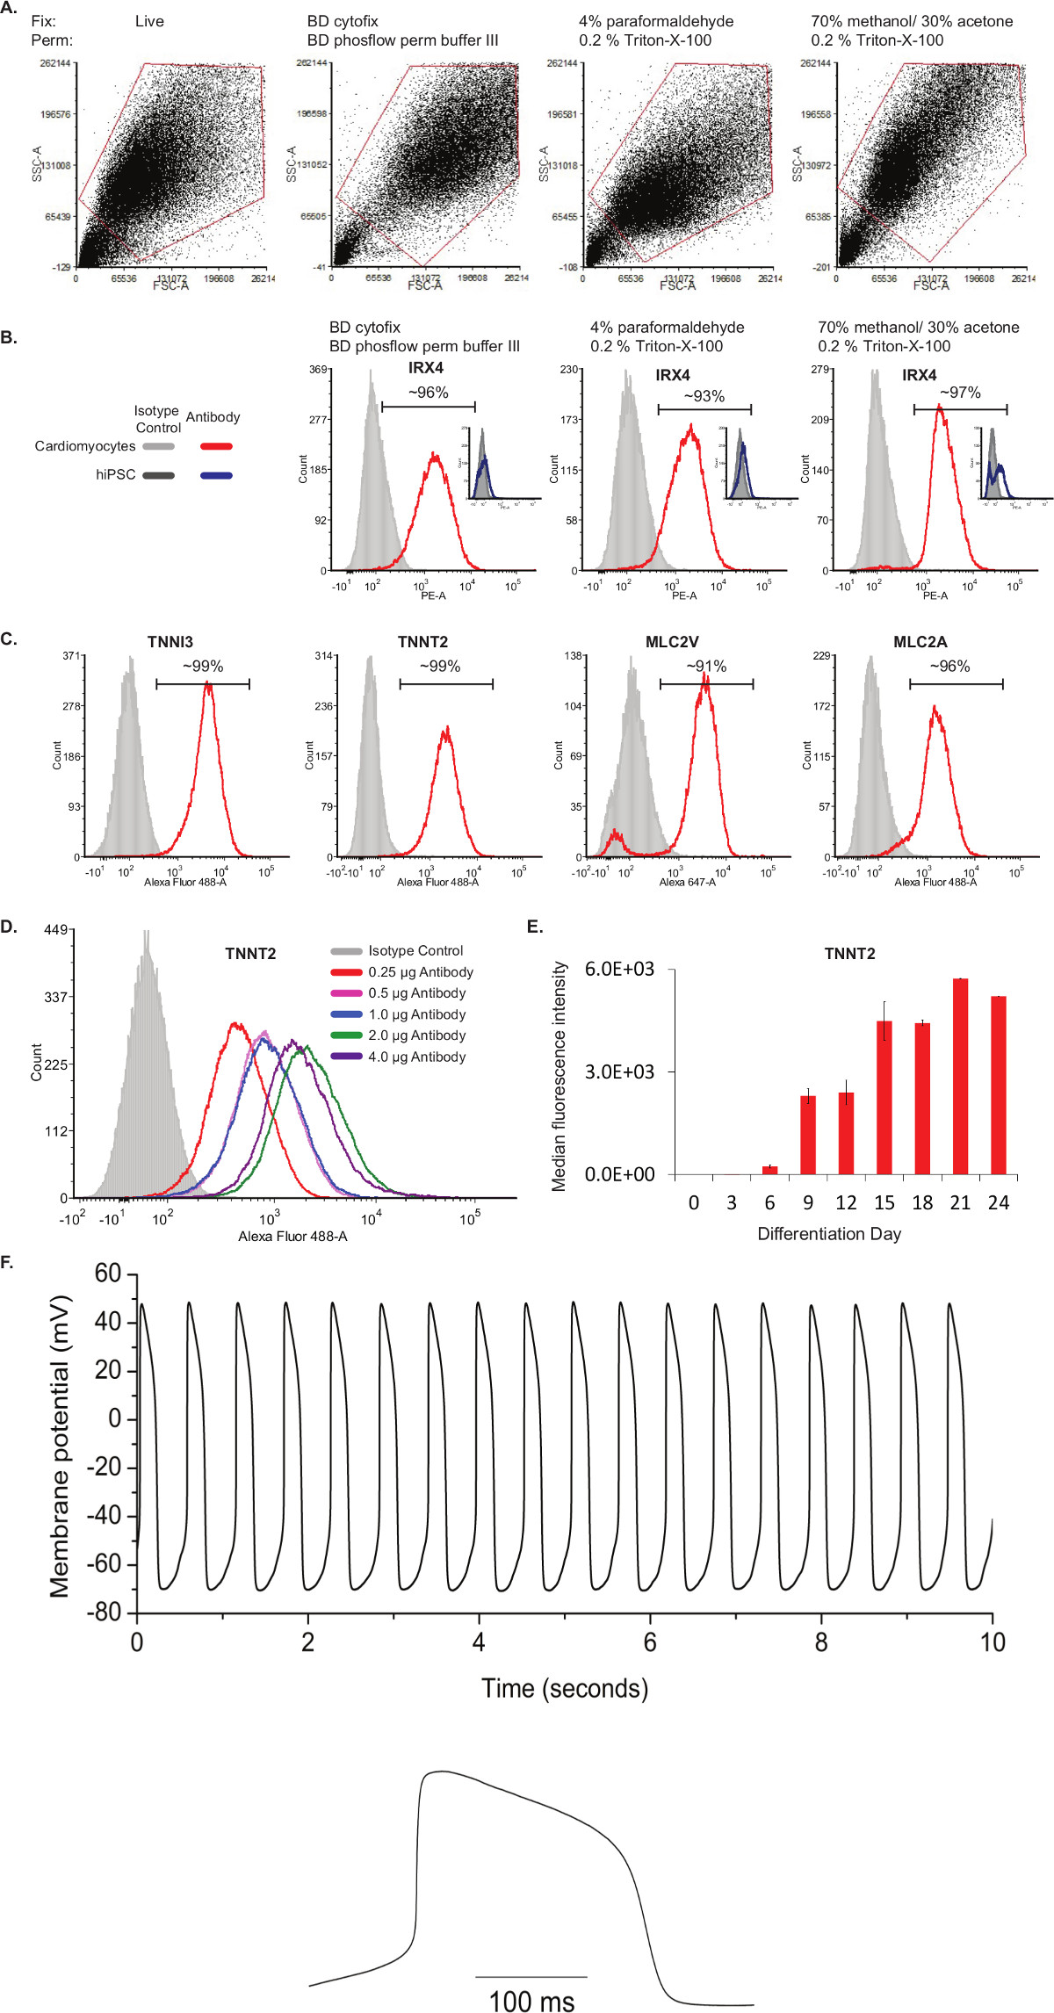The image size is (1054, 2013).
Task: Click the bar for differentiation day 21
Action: point(960,1076)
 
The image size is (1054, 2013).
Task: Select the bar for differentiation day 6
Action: point(770,1169)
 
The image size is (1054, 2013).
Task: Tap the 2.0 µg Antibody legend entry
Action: point(417,1035)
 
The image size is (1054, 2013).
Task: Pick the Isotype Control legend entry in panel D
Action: point(415,950)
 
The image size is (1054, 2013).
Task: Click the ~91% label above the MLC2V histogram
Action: point(706,667)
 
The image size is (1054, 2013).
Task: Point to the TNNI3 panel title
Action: point(170,642)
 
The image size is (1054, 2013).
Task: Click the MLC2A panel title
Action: point(920,642)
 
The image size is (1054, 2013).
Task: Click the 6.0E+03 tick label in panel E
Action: point(620,969)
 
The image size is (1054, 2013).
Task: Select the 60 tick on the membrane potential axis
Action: point(108,1273)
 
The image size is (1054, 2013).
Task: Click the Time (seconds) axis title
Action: point(565,1688)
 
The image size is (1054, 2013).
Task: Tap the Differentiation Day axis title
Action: point(829,1234)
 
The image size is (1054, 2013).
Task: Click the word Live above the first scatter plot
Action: point(149,21)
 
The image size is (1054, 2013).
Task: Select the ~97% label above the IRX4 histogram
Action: point(960,393)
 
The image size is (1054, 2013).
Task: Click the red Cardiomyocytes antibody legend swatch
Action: point(216,447)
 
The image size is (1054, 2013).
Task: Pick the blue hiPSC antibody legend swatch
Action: point(216,475)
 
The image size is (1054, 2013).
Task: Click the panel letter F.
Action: point(8,1262)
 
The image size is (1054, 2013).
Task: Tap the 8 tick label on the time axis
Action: point(820,1642)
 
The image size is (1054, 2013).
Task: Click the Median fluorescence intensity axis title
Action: point(559,1076)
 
